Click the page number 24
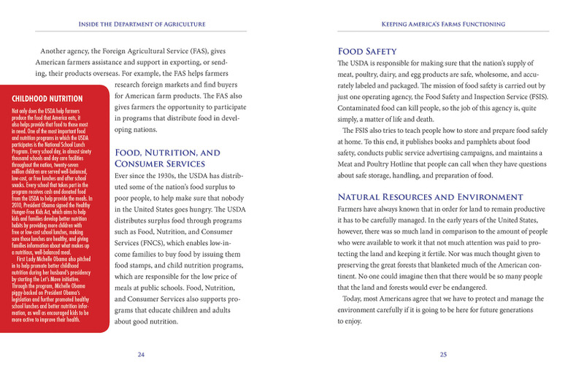(x=142, y=354)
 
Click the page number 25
(x=443, y=354)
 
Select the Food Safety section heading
(x=366, y=52)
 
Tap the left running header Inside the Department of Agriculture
(x=142, y=24)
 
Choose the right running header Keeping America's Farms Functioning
(x=443, y=24)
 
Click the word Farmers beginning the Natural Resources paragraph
(x=355, y=211)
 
